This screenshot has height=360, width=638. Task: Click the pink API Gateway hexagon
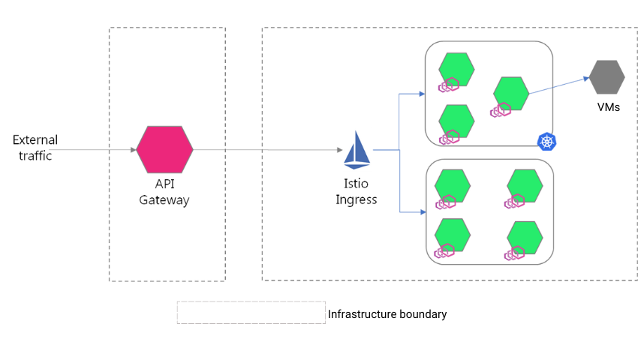(164, 149)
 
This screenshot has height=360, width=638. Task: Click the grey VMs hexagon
(606, 77)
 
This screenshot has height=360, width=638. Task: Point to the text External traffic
(35, 148)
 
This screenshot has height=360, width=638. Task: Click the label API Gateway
(164, 193)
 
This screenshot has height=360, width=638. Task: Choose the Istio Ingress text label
(356, 193)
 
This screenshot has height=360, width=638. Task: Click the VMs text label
(608, 107)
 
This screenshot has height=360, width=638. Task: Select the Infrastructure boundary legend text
(387, 314)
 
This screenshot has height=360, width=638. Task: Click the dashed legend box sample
(251, 313)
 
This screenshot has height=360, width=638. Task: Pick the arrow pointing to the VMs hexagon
(584, 79)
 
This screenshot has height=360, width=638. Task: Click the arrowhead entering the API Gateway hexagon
(133, 150)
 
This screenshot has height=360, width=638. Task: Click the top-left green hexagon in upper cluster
(456, 69)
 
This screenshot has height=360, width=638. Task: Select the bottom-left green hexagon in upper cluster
(456, 120)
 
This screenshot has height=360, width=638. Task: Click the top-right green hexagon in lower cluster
(525, 185)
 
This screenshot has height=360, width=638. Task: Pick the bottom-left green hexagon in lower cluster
(453, 234)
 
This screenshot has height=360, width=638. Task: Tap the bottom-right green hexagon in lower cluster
(525, 237)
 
